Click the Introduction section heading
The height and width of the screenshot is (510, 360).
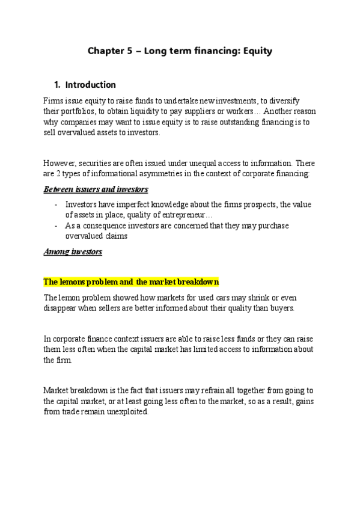click(90, 85)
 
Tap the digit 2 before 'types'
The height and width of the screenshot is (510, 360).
click(60, 174)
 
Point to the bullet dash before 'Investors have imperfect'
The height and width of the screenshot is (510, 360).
click(56, 204)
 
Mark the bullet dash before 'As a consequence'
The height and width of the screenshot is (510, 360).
click(56, 226)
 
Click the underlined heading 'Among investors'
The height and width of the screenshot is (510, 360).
click(73, 252)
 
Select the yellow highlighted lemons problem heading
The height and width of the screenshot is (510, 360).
click(131, 281)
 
